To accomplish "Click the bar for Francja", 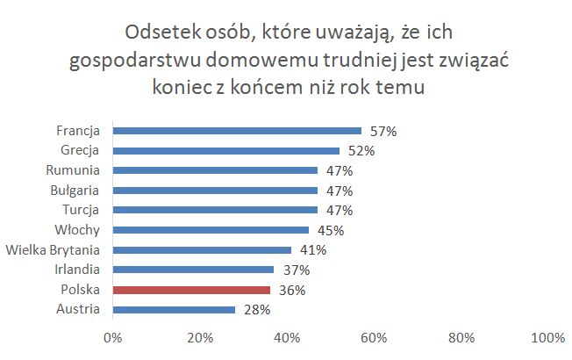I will point(237,131).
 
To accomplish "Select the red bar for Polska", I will point(191,290).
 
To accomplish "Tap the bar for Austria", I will point(174,309).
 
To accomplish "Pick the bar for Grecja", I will point(226,151).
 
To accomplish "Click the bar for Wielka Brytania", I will point(202,250).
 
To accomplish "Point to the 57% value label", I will point(383,131).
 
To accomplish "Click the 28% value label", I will point(256,309).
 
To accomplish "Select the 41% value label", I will point(313,250).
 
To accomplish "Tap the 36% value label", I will point(291,290).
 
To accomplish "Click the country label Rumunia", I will point(74,170).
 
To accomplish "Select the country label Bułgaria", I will point(74,191).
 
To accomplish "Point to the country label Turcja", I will point(80,210).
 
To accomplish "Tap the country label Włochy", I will point(77,230).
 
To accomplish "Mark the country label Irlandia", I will point(75,270).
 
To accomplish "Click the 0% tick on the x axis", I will point(112,338).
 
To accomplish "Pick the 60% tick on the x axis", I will point(375,338).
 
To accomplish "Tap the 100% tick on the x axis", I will point(547,338).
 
